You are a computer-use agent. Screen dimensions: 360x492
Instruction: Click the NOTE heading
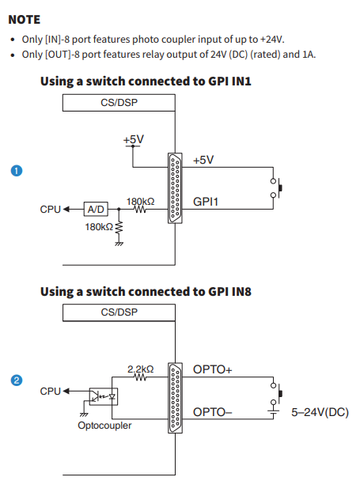[x=25, y=20]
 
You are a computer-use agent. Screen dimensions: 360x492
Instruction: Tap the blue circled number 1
[x=17, y=171]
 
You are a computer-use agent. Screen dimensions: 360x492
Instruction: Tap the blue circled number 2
[x=17, y=380]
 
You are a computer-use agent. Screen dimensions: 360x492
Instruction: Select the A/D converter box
[x=96, y=209]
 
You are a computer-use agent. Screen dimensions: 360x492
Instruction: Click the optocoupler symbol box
[x=104, y=396]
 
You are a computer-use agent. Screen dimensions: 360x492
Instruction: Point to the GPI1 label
[x=206, y=202]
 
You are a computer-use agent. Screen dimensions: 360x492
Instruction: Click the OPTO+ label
[x=213, y=369]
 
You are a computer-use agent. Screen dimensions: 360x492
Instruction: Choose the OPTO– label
[x=213, y=412]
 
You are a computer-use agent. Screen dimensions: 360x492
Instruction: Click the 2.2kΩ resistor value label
[x=141, y=369]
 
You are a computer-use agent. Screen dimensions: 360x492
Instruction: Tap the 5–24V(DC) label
[x=320, y=412]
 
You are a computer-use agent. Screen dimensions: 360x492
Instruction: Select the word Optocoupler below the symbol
[x=104, y=426]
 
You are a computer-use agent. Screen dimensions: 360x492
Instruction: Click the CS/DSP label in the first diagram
[x=119, y=103]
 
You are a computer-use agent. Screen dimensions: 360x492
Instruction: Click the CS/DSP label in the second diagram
[x=119, y=312]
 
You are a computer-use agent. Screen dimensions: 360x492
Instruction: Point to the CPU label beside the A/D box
[x=50, y=210]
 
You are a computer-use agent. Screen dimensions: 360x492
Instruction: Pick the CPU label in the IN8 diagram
[x=50, y=392]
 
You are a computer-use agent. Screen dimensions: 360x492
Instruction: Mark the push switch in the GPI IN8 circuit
[x=276, y=393]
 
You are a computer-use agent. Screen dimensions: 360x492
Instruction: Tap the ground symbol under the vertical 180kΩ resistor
[x=119, y=243]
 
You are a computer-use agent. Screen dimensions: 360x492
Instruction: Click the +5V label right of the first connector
[x=203, y=160]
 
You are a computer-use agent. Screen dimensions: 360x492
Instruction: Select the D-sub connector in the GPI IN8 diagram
[x=175, y=398]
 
